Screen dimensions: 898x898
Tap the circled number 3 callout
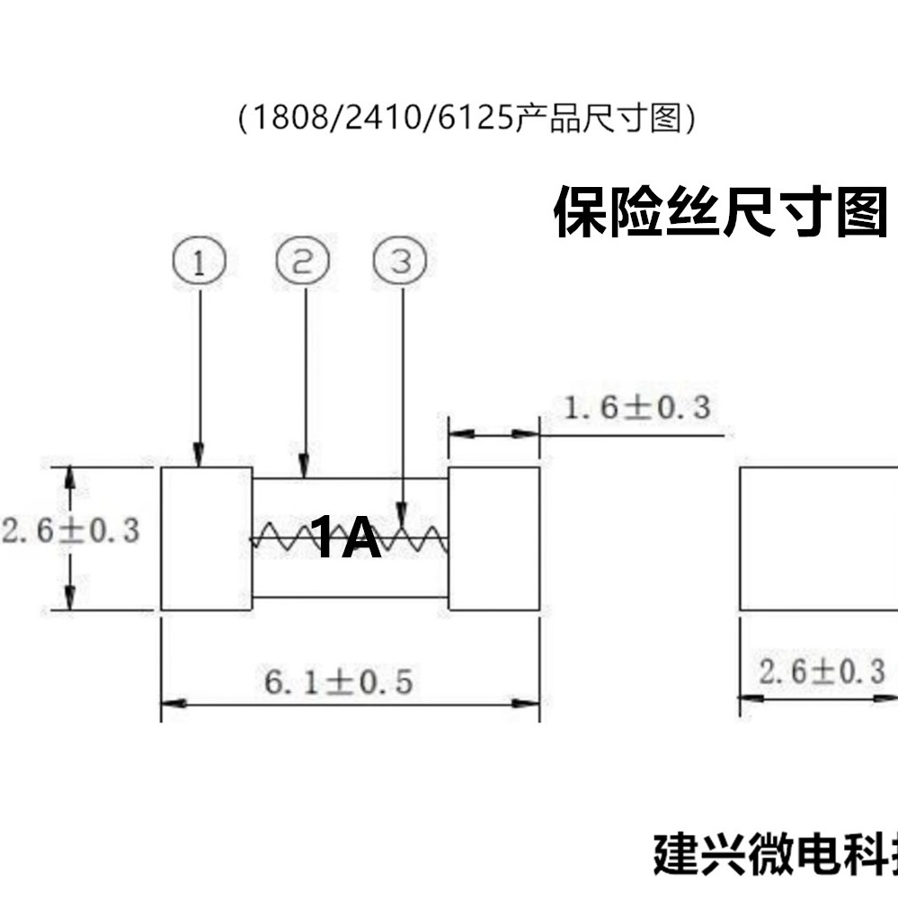tap(401, 262)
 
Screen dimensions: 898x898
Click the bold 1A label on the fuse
tap(346, 538)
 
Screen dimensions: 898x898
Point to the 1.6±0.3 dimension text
tap(636, 408)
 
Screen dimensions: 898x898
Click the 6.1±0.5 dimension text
tap(339, 683)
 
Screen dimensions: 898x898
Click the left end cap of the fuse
tap(206, 538)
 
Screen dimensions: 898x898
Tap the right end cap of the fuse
tap(493, 538)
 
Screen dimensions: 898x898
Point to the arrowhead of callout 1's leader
tap(199, 458)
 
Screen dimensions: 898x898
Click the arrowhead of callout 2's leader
tap(304, 468)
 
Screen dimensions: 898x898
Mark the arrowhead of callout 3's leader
tap(402, 517)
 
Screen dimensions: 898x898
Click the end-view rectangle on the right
tap(818, 538)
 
